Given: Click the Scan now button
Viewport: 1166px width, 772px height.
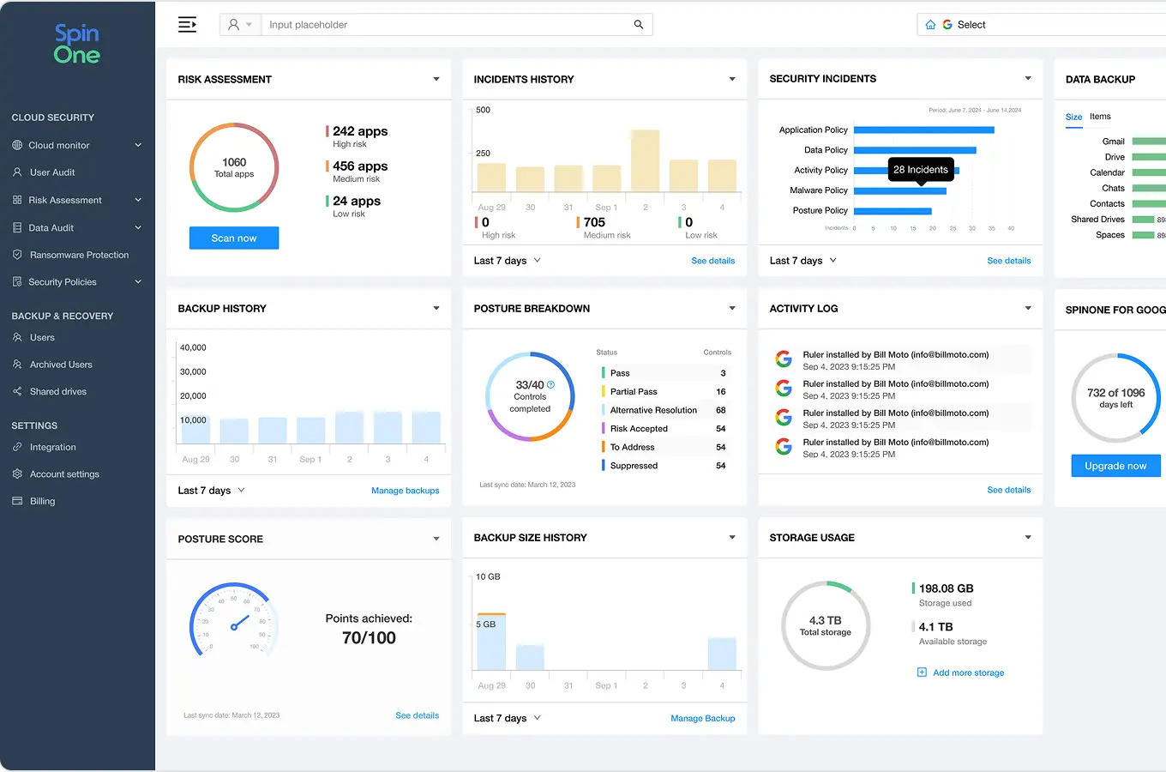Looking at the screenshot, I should (234, 238).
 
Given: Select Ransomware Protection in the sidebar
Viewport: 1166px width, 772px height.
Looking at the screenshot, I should (79, 255).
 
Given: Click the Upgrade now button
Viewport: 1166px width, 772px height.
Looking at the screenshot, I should (1115, 466).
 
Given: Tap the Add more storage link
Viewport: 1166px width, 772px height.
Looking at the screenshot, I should (968, 672).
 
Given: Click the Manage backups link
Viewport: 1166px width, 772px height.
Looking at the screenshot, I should (405, 491).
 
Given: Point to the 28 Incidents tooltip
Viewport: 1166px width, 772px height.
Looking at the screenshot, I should (921, 170).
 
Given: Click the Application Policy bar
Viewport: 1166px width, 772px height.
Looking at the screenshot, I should (923, 130).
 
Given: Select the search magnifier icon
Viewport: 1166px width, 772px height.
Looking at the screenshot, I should (639, 25).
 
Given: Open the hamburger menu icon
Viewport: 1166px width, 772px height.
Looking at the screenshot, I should (187, 25).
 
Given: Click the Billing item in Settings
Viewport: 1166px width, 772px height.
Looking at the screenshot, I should (42, 501).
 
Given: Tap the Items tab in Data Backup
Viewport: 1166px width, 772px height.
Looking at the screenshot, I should (1100, 117).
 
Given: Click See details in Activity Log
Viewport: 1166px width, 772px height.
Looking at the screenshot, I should (1008, 490).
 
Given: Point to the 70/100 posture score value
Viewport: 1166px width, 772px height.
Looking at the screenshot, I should (369, 637).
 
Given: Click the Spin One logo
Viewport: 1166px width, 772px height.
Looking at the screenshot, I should (77, 45).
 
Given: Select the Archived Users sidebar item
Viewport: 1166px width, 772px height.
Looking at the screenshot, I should (61, 365).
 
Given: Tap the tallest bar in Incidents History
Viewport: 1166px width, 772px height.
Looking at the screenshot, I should (645, 160).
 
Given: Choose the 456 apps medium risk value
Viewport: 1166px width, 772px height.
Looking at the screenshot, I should (360, 166).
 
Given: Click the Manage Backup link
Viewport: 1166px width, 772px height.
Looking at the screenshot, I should (702, 718).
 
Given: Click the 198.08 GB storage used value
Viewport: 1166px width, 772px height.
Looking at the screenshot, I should (946, 588).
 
